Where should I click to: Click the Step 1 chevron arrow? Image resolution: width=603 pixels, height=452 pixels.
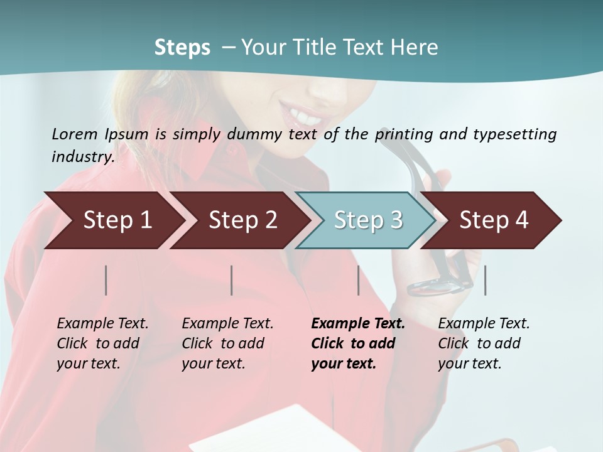113,220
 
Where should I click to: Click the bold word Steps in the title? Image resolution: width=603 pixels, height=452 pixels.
182,47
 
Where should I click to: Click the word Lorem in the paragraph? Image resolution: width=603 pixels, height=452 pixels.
73,134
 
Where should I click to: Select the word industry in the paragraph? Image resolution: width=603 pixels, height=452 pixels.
82,156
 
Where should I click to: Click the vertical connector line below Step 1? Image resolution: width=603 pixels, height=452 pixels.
106,280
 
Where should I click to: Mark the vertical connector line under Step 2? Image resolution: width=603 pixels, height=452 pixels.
232,280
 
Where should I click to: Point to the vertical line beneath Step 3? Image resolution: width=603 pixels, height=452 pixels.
358,280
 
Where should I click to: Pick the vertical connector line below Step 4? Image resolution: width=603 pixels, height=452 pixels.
485,280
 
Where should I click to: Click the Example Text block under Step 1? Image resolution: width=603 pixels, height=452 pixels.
102,343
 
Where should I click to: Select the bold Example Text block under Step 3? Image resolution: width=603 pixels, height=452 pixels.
358,343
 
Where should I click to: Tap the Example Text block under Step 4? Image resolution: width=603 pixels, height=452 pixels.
484,343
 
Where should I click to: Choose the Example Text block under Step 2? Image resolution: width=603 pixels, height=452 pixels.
227,343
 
